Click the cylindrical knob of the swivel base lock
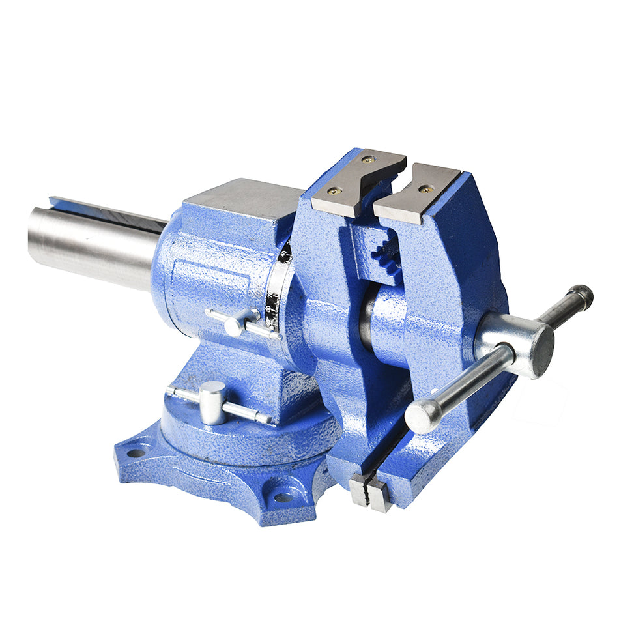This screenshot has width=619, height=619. [212, 402]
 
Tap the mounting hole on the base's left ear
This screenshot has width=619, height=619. [136, 452]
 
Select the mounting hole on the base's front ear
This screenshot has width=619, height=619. [283, 497]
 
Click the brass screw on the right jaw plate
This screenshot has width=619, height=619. [426, 189]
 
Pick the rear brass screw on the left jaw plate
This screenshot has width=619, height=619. [369, 160]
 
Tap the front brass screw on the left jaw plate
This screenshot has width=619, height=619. [335, 192]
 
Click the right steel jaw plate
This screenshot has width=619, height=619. [417, 192]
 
